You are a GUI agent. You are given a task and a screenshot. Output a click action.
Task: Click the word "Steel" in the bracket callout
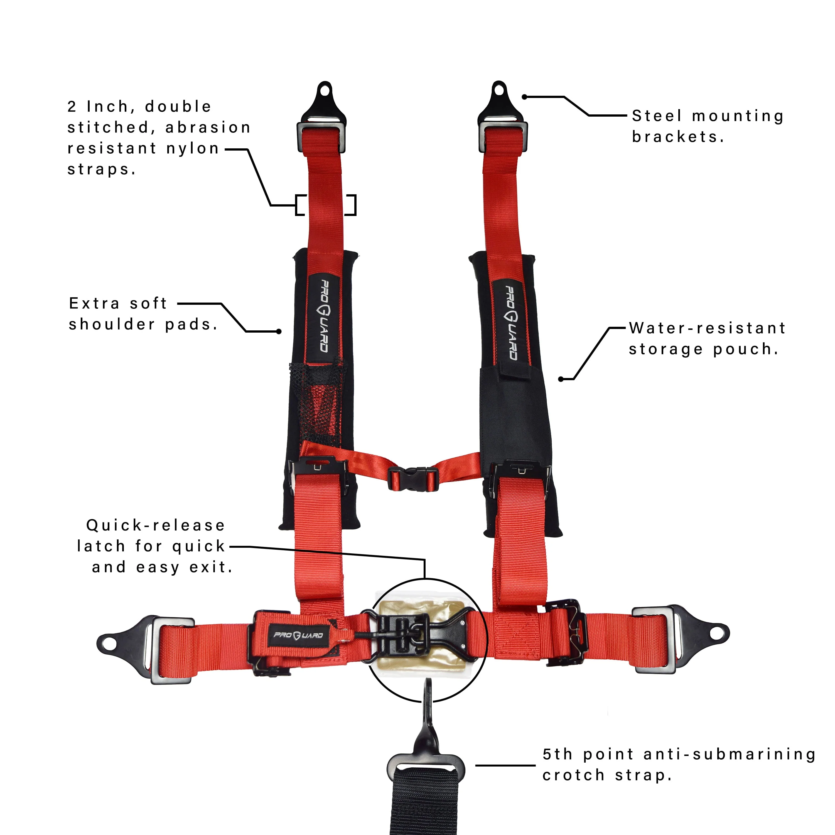click(657, 116)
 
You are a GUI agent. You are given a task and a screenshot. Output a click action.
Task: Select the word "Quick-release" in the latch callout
click(156, 525)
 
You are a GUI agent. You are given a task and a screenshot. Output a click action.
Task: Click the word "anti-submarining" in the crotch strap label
click(730, 754)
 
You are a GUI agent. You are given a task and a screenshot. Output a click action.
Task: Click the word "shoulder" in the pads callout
click(112, 324)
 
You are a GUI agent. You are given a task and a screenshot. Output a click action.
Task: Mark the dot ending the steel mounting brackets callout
click(524, 97)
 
